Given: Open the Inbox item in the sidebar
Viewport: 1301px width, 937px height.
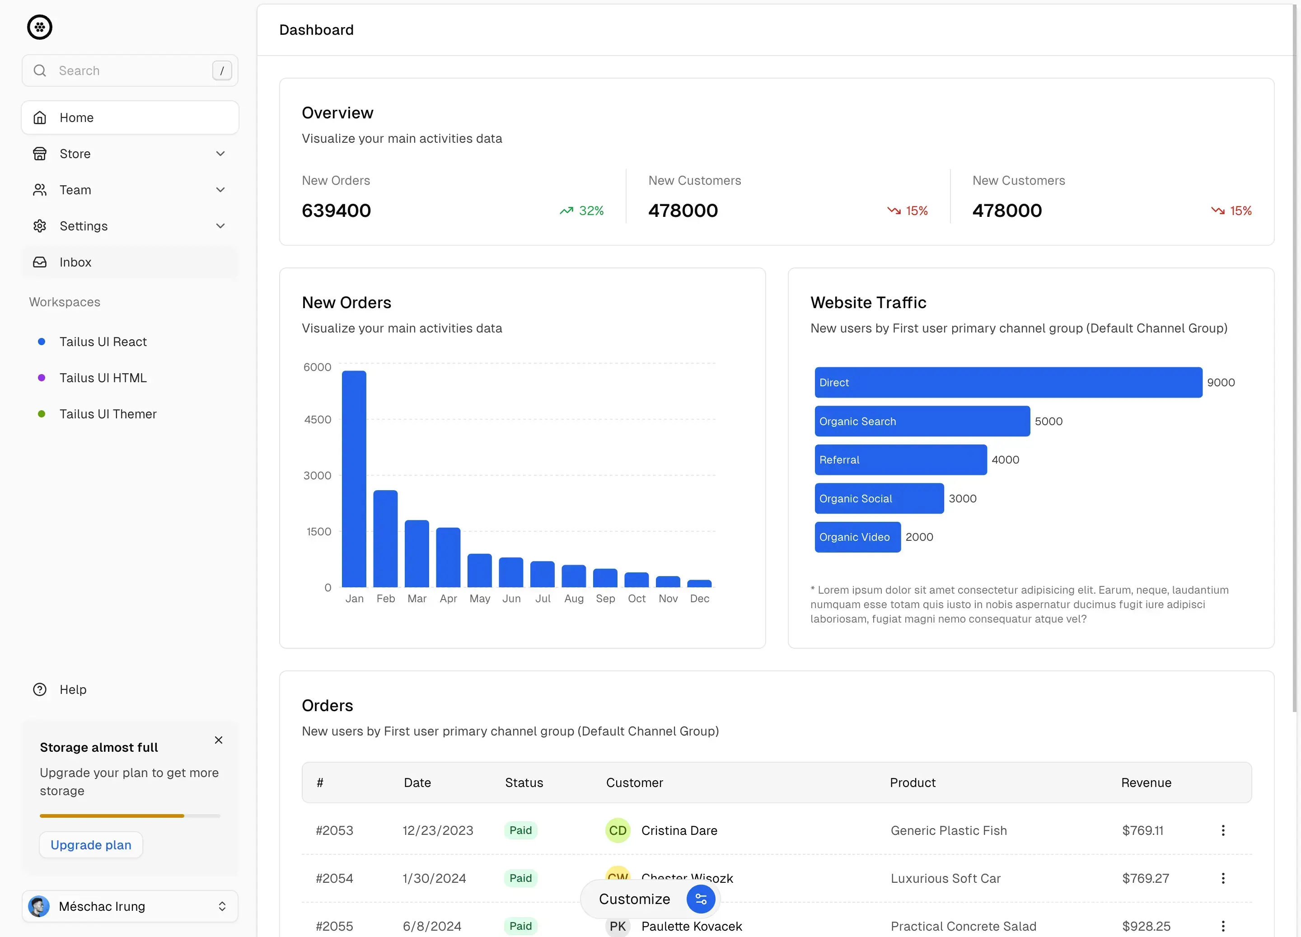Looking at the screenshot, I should point(75,262).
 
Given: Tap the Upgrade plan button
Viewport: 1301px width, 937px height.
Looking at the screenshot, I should point(91,845).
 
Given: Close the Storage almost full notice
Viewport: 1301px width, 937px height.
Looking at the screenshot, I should point(219,740).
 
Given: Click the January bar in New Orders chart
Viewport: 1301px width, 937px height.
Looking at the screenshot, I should point(354,478).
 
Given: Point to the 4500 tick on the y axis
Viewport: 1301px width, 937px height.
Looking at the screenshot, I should point(318,419).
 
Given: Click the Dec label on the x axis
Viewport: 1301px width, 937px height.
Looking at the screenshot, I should point(699,599).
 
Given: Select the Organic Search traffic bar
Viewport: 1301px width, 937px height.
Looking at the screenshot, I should point(922,421).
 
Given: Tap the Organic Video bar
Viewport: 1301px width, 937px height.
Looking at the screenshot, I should point(857,537).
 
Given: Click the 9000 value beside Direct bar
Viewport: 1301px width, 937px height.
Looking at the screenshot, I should point(1221,383).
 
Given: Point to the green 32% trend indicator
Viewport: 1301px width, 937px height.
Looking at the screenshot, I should point(582,211).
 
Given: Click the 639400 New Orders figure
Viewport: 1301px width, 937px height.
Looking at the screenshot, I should point(336,211).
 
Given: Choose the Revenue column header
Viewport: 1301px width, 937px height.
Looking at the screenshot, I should point(1146,782).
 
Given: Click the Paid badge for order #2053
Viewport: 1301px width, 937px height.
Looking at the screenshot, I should point(520,830).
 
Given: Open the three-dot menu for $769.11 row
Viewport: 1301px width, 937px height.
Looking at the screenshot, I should point(1223,830).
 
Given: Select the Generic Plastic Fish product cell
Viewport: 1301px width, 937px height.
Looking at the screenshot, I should point(949,830).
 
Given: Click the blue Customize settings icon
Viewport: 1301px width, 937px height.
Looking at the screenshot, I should point(700,899).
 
